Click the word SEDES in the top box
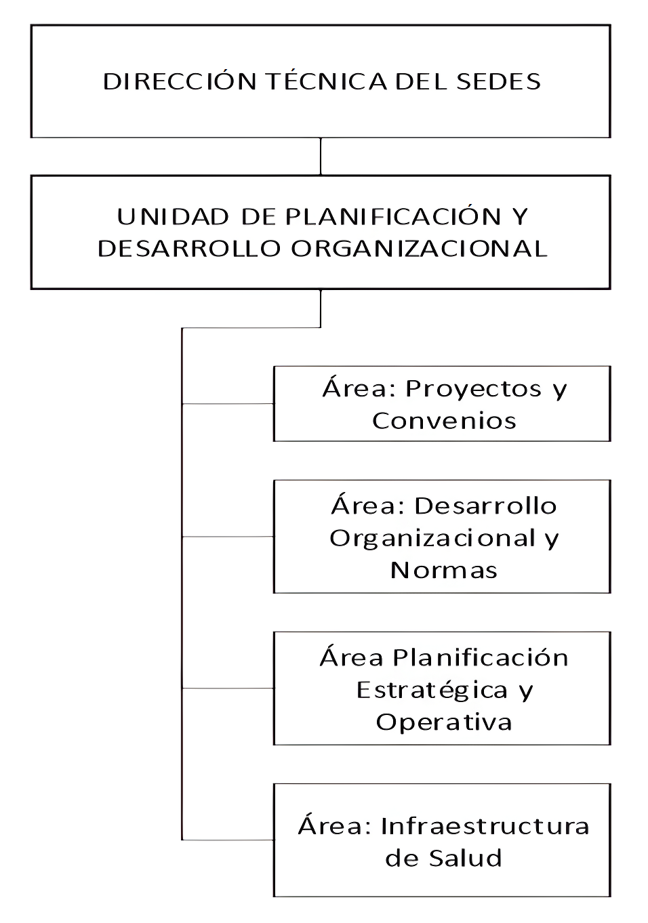point(498,81)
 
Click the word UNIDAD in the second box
point(173,217)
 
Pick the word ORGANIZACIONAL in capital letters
point(419,249)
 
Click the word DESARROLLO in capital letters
point(189,249)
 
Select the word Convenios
point(445,421)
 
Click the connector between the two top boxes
point(321,157)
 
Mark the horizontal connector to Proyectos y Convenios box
point(228,403)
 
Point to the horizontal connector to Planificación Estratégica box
point(228,688)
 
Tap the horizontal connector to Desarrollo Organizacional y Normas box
point(228,537)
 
